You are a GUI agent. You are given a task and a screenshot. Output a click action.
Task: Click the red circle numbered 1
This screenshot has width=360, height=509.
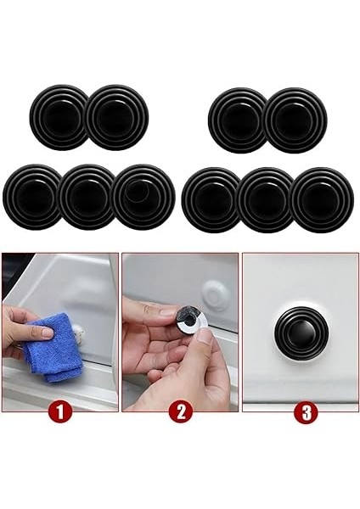60,412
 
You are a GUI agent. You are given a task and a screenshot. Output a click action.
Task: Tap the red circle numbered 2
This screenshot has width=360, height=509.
181,412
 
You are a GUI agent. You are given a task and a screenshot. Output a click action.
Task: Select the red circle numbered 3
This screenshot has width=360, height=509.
306,412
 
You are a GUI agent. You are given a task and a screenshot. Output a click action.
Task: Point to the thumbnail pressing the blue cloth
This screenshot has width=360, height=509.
47,332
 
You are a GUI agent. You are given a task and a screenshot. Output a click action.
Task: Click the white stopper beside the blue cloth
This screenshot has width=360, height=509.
78,331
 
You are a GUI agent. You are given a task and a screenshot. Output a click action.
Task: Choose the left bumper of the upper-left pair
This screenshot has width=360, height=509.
59,118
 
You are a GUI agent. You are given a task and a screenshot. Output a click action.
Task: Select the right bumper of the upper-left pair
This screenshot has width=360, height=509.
117,118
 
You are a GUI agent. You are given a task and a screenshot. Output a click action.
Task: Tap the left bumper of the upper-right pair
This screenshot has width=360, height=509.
237,120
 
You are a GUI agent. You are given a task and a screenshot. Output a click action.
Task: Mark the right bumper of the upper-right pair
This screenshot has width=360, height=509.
295,120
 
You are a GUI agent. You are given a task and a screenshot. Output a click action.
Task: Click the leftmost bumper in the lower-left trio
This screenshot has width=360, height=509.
32,197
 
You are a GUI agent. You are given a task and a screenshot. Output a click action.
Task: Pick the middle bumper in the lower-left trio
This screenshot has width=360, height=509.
87,197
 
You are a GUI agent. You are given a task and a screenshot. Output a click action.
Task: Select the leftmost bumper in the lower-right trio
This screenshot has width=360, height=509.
211,200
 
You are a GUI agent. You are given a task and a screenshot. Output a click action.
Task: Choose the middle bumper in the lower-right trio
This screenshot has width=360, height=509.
267,200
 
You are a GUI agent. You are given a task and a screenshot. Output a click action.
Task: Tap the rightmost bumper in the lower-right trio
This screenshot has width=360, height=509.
322,200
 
